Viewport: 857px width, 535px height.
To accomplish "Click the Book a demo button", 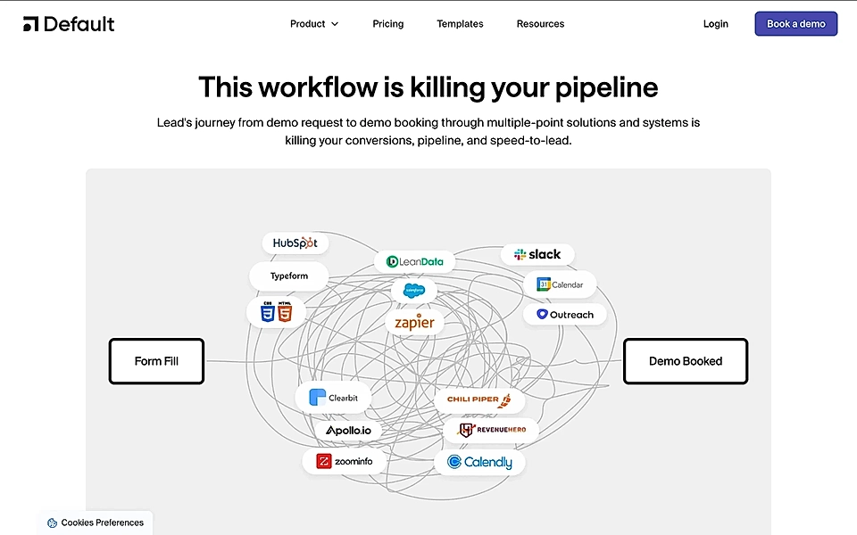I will (795, 24).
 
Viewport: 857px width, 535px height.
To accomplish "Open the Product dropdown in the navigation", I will (314, 24).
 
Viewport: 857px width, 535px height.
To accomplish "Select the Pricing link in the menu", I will (388, 24).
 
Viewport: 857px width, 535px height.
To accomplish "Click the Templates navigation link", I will (460, 24).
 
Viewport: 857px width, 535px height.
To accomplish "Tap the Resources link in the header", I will (540, 24).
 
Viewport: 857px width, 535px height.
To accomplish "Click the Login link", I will (715, 24).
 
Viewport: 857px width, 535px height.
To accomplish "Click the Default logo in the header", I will (69, 24).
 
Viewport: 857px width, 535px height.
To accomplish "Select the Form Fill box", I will (156, 361).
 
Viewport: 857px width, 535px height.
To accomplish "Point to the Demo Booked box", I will (685, 361).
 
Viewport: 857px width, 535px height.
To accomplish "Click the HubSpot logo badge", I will (295, 243).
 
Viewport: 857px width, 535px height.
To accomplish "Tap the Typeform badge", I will (288, 276).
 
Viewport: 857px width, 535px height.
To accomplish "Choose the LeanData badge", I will (414, 261).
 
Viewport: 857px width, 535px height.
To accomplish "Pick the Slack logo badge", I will (537, 255).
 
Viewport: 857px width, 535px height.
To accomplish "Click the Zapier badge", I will (414, 322).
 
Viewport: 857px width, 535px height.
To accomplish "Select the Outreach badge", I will (564, 315).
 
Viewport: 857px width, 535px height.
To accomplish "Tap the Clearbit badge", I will (333, 398).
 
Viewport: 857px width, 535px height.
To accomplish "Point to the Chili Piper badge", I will (479, 399).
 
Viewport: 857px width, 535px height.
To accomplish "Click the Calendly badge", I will (479, 462).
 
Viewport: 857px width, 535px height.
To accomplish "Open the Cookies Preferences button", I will (96, 523).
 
